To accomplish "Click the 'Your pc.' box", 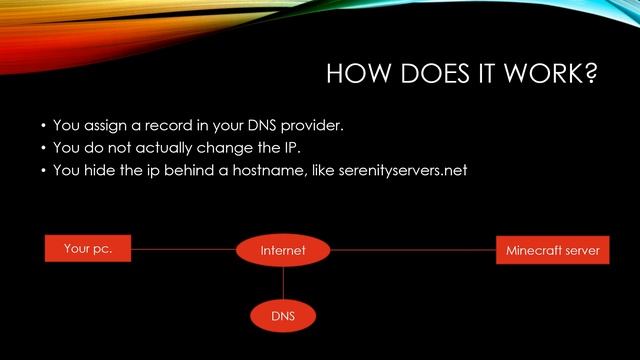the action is click(x=88, y=249).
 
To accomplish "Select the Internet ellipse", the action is click(x=282, y=250).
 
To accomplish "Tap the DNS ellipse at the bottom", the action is click(x=282, y=316).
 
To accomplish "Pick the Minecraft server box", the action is click(x=553, y=250).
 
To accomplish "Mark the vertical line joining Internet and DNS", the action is click(x=282, y=282).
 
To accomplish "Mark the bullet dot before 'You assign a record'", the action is click(x=43, y=129).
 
